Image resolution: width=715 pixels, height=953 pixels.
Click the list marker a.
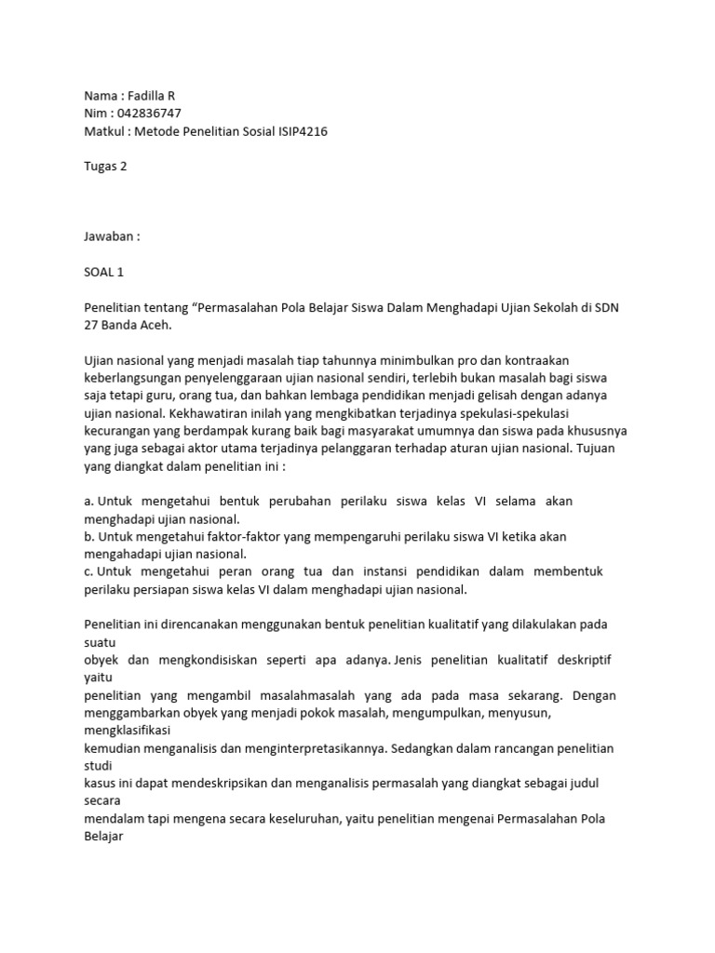click(88, 501)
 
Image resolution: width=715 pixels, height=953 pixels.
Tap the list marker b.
click(88, 536)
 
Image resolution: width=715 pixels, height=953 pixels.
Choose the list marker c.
click(88, 571)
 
